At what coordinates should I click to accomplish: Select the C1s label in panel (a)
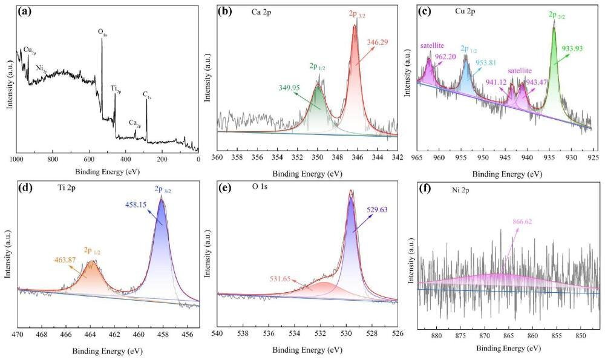click(x=146, y=94)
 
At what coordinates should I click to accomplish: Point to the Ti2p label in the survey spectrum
click(x=116, y=89)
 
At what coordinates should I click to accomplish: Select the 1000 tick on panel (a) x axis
click(x=17, y=159)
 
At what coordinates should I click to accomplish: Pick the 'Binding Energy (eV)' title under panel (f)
click(x=508, y=349)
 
